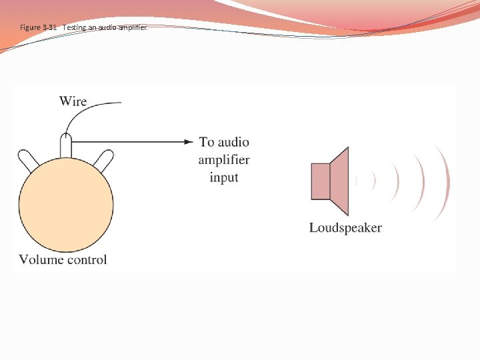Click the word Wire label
click(x=73, y=101)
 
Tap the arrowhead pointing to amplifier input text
click(x=189, y=141)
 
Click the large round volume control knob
click(x=66, y=200)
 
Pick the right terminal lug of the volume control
click(x=104, y=161)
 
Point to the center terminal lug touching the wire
click(x=66, y=145)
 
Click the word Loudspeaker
click(x=345, y=228)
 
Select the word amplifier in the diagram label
click(x=224, y=160)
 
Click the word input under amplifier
click(x=224, y=177)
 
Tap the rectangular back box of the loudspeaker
click(x=321, y=180)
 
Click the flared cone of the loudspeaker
click(x=340, y=180)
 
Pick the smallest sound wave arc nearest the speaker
click(x=357, y=180)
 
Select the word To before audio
click(x=207, y=142)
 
